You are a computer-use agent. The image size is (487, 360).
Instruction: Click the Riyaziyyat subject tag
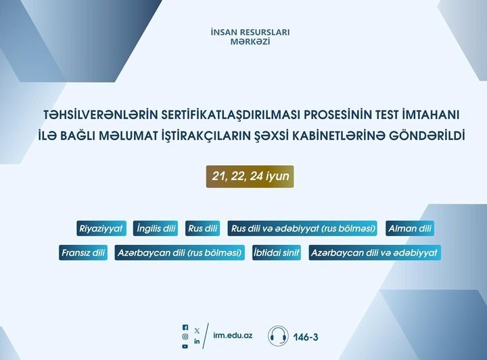101,228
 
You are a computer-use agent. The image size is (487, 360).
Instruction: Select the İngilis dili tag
156,228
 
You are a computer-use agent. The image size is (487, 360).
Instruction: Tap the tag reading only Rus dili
202,228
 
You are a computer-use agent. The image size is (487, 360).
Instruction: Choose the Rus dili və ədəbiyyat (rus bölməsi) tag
302,228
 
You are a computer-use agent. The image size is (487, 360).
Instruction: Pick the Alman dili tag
410,228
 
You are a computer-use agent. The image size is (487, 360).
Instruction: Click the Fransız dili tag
83,252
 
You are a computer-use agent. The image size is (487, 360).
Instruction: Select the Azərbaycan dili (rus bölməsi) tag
179,252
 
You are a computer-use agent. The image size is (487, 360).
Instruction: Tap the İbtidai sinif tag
277,252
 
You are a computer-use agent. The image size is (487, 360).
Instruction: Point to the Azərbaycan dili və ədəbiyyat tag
375,252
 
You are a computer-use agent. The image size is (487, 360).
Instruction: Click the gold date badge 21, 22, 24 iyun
250,177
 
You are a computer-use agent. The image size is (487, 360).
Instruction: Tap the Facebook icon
185,328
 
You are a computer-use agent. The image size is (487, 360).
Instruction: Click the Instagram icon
185,337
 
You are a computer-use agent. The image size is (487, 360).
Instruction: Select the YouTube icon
185,346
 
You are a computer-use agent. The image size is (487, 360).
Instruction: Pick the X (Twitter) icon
197,331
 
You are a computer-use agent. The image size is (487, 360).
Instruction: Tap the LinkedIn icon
197,341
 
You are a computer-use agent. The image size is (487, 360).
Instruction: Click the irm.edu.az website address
233,336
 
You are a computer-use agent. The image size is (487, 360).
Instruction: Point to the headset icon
278,336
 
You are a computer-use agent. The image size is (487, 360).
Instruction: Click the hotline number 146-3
306,337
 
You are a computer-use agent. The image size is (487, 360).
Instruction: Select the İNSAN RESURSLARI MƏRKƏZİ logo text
250,37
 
